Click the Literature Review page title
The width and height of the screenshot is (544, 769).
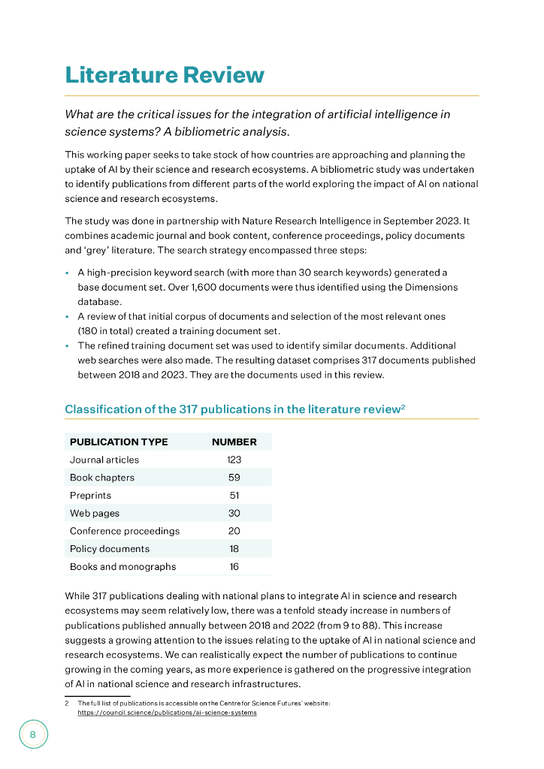tap(165, 75)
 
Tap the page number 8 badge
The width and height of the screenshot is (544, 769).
tap(33, 734)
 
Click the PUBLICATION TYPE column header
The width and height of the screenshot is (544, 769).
tap(119, 442)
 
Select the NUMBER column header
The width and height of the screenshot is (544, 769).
tap(234, 442)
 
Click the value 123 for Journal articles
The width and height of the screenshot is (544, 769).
tap(234, 460)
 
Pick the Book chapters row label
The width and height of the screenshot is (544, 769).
tap(102, 478)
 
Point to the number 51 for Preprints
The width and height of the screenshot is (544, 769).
tap(234, 496)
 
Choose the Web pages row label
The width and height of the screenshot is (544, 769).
tap(95, 514)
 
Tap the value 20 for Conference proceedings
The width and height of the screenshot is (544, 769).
tap(234, 531)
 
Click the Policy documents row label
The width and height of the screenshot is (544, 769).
tap(110, 549)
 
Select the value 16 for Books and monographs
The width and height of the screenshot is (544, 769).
tap(234, 567)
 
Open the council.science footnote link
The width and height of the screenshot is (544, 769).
tap(167, 713)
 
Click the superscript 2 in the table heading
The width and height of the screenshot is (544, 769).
tap(403, 406)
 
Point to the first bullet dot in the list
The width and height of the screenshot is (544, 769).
tap(68, 273)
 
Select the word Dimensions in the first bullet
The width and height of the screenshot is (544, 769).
tap(431, 288)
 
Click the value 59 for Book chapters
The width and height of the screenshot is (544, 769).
tap(234, 478)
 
